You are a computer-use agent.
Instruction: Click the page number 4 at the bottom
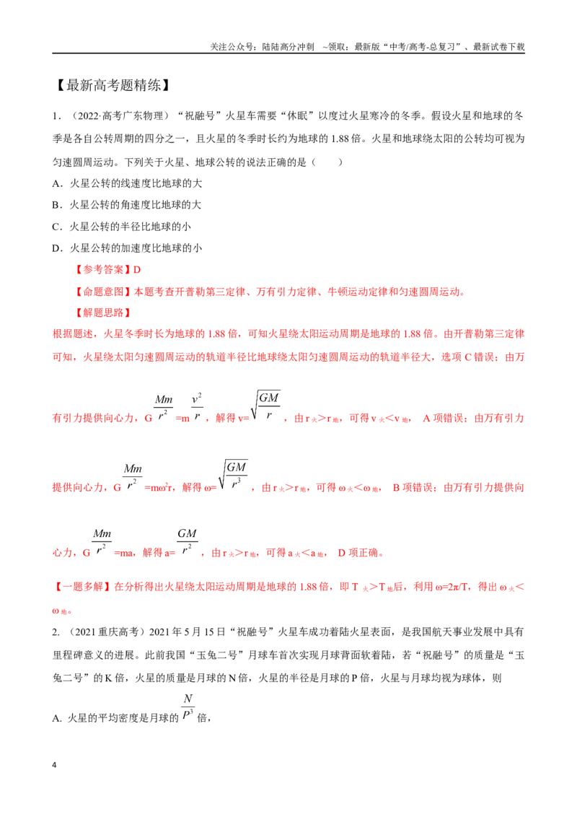[54, 765]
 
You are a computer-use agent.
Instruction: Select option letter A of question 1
[56, 183]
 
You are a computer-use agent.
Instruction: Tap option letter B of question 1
[56, 205]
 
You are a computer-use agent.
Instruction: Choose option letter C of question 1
[56, 227]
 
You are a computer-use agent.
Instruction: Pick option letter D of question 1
[56, 248]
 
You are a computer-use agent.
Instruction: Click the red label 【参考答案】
[102, 269]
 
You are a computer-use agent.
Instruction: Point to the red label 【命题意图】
[102, 292]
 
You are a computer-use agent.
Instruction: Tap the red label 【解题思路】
[102, 313]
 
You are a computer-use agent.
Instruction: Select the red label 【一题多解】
[82, 587]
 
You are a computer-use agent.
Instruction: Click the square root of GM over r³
[233, 475]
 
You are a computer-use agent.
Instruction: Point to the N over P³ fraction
[188, 707]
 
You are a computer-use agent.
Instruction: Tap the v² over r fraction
[197, 406]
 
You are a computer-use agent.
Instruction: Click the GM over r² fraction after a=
[187, 541]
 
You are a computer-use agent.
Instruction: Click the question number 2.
[56, 632]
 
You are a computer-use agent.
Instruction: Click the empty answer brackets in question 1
[327, 162]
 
